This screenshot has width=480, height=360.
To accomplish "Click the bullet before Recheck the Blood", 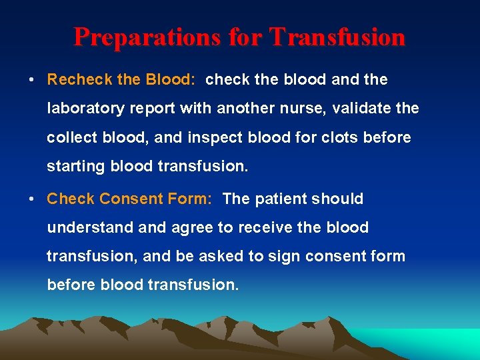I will tap(32, 80).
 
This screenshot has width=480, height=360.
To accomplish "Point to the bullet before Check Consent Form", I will tap(32, 199).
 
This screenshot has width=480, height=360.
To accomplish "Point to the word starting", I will tap(73, 167).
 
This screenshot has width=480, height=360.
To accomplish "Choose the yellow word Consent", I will tap(155, 199).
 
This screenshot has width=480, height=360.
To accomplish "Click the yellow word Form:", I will tap(196, 199).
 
